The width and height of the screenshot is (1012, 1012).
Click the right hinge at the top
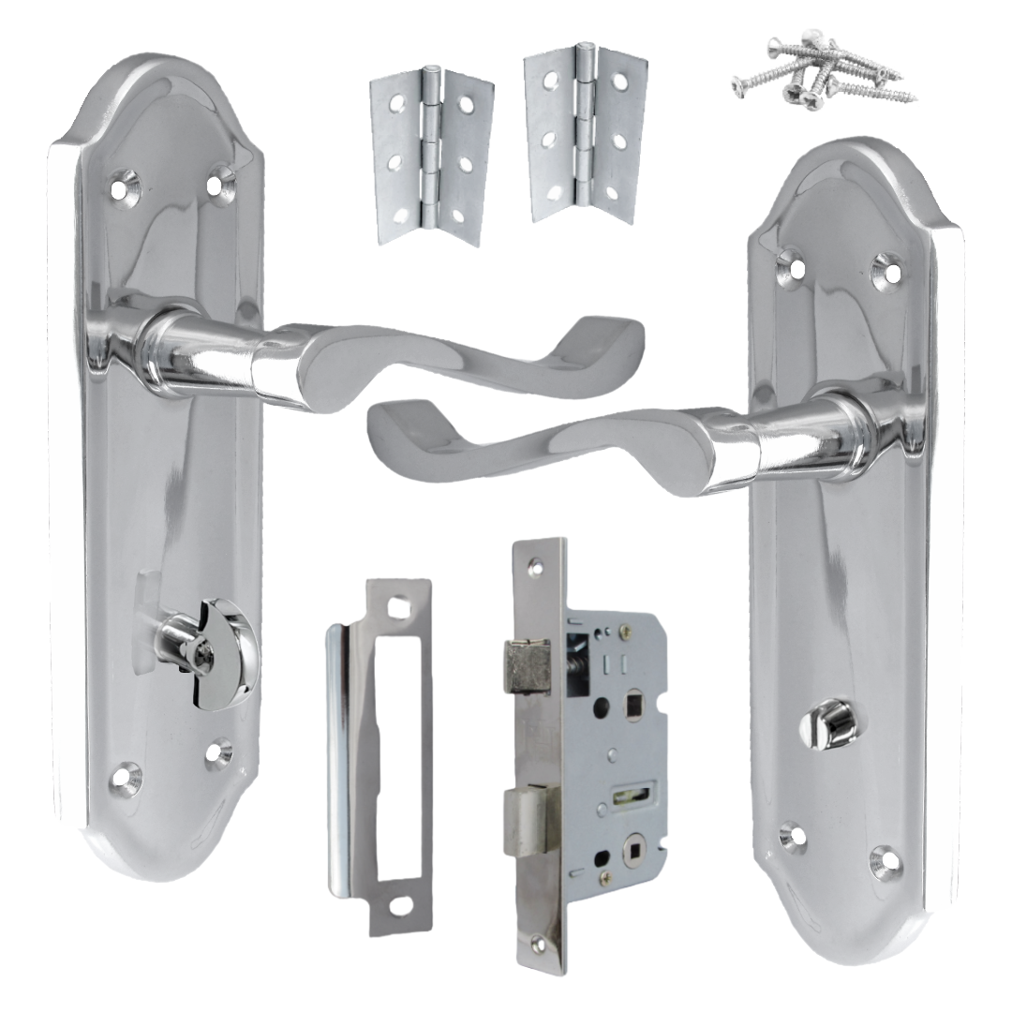(585, 133)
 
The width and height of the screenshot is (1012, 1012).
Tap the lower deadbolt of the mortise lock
(528, 820)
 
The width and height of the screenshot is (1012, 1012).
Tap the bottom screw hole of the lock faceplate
(537, 944)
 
